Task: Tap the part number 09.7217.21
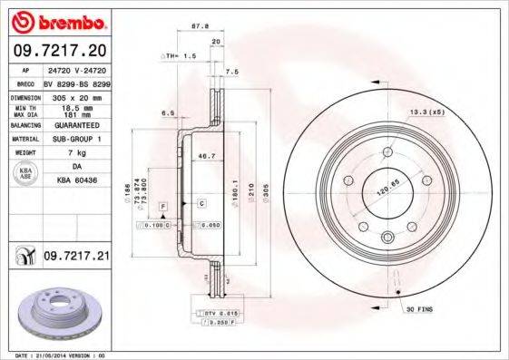[75, 258]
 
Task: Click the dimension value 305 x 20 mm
[76, 96]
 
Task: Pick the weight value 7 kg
[76, 154]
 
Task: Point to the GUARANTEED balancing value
[76, 125]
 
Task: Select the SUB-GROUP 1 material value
[76, 140]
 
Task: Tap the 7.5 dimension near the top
[231, 71]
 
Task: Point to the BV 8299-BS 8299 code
[76, 82]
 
